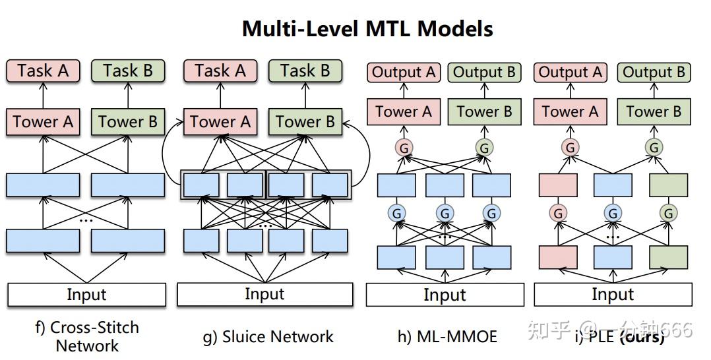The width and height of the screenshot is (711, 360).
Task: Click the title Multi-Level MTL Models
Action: click(367, 28)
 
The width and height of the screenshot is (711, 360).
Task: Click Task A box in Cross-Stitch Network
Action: click(43, 71)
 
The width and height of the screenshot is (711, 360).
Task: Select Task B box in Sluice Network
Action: click(305, 71)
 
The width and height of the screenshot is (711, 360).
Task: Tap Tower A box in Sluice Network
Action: click(220, 121)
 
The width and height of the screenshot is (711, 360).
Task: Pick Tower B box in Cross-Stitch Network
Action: click(128, 121)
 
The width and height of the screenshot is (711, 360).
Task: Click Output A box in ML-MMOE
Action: click(404, 73)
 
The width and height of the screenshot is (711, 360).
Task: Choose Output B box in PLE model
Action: click(654, 73)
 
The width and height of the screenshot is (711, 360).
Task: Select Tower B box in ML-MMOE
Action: click(484, 112)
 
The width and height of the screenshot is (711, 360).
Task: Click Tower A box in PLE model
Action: click(570, 112)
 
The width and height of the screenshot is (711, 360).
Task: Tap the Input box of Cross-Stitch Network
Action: click(86, 295)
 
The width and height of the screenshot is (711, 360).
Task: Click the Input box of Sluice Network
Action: click(264, 294)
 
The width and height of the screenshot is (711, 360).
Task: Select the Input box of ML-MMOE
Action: click(445, 295)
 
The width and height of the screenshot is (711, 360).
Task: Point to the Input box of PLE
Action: click(613, 295)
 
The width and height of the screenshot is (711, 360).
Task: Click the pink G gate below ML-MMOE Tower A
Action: click(404, 148)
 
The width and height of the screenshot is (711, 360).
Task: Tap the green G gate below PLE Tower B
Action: click(654, 148)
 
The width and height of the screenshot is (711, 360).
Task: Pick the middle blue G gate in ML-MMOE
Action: click(445, 213)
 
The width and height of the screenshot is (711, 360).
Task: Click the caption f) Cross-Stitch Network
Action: click(86, 336)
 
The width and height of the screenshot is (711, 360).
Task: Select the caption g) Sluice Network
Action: click(268, 337)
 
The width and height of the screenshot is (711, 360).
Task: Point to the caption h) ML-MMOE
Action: click(447, 337)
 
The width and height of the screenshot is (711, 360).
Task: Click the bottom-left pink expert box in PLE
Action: click(558, 256)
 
